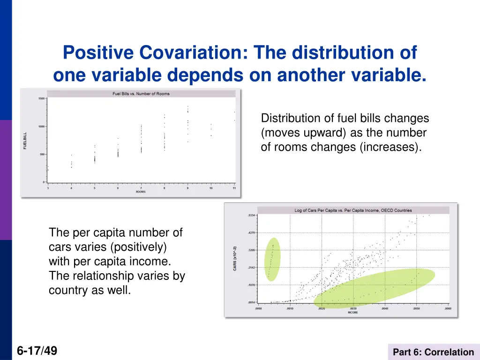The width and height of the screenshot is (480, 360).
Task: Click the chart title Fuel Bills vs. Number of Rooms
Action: [141, 94]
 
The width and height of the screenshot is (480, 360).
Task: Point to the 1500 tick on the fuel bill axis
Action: [42, 98]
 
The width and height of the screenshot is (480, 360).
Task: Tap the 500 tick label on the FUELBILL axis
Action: [42, 154]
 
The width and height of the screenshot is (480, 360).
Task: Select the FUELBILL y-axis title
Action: [25, 141]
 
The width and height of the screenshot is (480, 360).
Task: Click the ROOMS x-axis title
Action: [141, 192]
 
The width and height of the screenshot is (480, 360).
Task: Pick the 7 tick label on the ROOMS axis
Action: [141, 188]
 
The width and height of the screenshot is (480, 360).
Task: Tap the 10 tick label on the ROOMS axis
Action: [211, 188]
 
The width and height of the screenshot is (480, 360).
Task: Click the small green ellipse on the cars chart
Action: [272, 259]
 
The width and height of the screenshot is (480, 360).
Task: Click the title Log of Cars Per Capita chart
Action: [353, 210]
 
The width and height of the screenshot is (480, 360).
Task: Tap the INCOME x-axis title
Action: [352, 312]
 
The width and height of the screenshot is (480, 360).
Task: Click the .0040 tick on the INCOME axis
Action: [384, 308]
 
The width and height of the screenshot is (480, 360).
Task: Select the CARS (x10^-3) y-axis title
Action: [235, 258]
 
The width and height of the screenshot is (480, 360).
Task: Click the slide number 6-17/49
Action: [37, 350]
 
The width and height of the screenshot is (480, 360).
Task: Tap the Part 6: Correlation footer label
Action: [433, 352]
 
